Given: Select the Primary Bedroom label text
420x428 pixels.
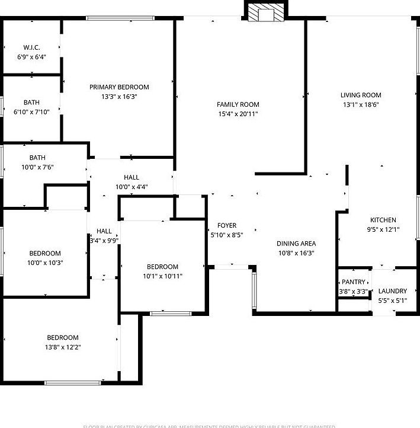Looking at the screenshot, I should [119, 87].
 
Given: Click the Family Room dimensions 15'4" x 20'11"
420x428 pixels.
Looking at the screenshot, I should [238, 114].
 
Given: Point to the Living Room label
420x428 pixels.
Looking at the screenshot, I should [360, 95].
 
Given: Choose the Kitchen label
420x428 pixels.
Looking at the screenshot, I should [383, 220].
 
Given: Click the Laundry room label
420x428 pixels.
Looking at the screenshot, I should [392, 291].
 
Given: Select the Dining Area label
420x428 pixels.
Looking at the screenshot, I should [296, 243].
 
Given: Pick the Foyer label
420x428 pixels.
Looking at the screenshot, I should [227, 225].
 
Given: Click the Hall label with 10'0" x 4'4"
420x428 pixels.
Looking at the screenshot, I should [132, 177].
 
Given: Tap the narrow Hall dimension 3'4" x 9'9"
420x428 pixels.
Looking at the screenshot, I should [104, 241].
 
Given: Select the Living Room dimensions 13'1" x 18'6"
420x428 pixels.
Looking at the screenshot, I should [360, 104].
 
